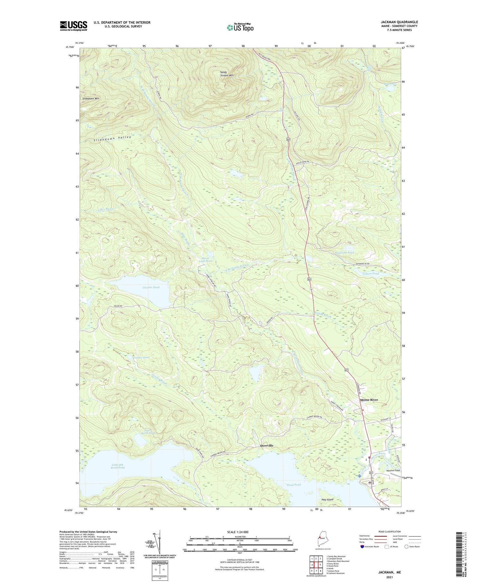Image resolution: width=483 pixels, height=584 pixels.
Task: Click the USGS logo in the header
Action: tap(73, 26)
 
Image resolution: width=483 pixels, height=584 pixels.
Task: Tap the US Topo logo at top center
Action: tap(240, 27)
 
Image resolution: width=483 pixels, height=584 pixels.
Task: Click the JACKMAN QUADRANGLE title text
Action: tap(399, 22)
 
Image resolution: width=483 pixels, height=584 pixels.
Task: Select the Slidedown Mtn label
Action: tap(91, 98)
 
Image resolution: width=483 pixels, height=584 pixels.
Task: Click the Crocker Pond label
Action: tap(151, 287)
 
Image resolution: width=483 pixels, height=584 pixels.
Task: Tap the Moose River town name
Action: tap(369, 400)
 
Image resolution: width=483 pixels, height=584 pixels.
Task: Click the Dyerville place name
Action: tap(267, 445)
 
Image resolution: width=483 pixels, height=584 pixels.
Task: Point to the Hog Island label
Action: tap(327, 499)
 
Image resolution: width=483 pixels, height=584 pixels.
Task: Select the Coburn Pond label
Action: tap(371, 273)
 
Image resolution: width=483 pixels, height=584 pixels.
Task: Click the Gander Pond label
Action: tap(141, 358)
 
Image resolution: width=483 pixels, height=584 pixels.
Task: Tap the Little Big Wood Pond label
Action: tap(118, 466)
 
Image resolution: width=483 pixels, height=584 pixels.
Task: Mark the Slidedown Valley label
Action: tap(113, 139)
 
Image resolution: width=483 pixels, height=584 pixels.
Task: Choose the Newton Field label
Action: tap(393, 471)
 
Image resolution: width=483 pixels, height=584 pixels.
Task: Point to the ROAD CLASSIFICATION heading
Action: tap(390, 531)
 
